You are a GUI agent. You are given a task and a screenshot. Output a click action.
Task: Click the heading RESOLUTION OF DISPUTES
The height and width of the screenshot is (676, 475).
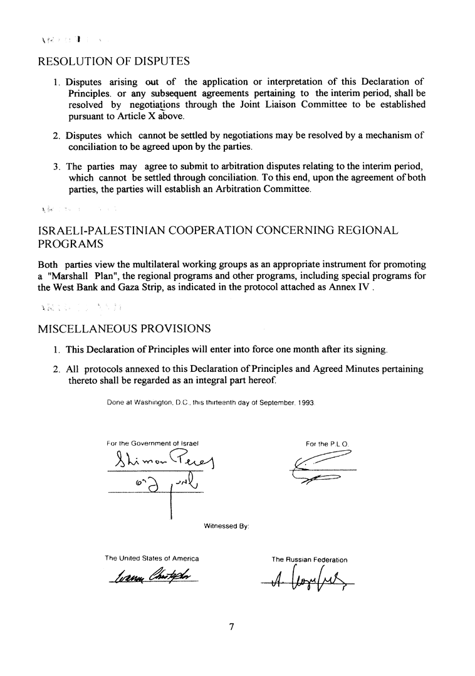pyautogui.click(x=114, y=61)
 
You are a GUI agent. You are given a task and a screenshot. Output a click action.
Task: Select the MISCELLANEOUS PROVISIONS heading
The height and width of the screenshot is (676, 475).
pyautogui.click(x=124, y=328)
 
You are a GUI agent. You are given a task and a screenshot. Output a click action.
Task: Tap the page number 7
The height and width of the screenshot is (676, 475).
pyautogui.click(x=231, y=628)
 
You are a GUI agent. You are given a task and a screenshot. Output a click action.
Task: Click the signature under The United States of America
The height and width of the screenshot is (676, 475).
pyautogui.click(x=152, y=576)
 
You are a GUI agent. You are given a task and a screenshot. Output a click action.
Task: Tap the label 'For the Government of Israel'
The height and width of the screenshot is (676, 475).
pyautogui.click(x=153, y=443)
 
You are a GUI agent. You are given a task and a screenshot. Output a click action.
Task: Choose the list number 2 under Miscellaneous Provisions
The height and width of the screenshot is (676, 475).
pyautogui.click(x=56, y=369)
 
